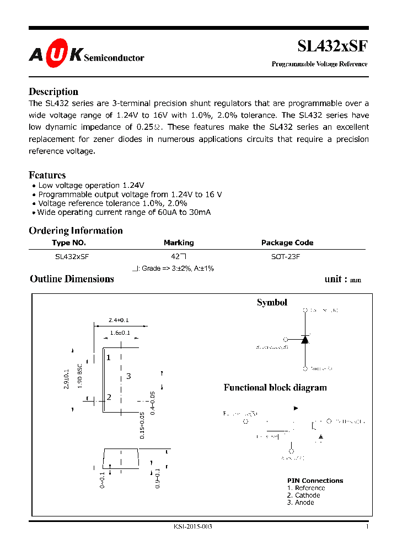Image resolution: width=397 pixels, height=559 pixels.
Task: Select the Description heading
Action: tap(53, 92)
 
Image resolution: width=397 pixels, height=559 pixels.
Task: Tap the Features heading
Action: tap(47, 175)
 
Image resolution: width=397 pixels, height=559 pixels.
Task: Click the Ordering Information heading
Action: tap(76, 230)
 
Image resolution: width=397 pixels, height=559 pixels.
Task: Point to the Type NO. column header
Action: tap(69, 242)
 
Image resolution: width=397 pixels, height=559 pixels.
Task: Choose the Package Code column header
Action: tap(287, 242)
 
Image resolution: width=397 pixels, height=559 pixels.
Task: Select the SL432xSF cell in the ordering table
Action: tap(72, 257)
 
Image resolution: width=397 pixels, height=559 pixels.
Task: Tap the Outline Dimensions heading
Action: tap(72, 279)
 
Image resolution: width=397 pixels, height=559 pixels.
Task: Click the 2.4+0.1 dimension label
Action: tap(118, 320)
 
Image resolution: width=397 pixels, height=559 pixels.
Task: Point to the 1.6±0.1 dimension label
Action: tap(120, 333)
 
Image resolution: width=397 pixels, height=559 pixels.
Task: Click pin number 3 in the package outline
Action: tap(128, 376)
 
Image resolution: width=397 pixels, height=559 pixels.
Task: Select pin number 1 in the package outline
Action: tap(109, 357)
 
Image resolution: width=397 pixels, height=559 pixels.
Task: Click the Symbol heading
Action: tap(272, 302)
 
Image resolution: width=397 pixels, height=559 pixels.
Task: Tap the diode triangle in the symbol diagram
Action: tap(304, 340)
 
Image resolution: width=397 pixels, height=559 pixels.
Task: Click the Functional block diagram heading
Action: tap(275, 387)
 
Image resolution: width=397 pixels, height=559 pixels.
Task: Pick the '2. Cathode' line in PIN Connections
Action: tap(303, 495)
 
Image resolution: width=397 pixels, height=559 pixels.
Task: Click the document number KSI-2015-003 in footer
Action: tap(192, 526)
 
